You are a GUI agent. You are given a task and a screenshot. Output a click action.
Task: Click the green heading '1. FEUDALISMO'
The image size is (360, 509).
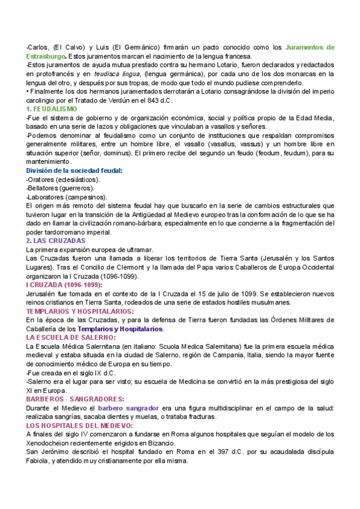(52, 109)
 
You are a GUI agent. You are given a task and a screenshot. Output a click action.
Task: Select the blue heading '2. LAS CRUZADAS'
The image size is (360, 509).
(56, 241)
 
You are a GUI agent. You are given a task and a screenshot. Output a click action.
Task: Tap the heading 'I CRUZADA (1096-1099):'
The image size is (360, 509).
(64, 285)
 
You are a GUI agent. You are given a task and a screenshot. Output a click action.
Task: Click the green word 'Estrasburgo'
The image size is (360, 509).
(46, 56)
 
